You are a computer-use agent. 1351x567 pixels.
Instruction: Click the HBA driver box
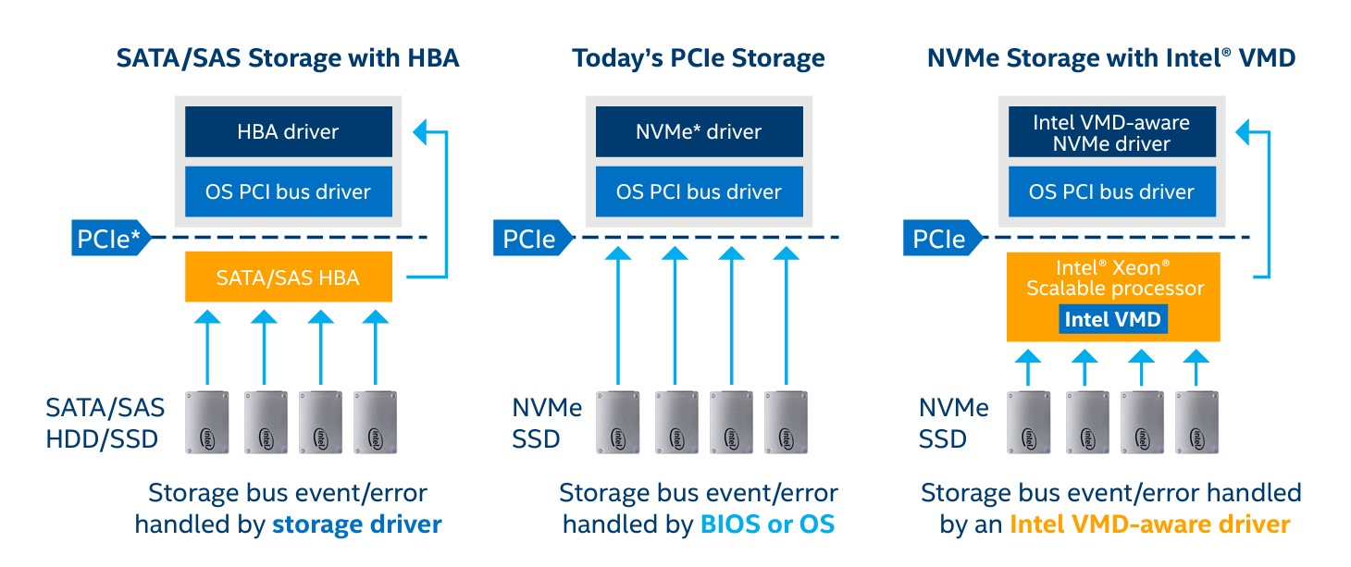tap(288, 131)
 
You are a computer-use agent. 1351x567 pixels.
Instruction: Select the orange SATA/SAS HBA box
tap(288, 276)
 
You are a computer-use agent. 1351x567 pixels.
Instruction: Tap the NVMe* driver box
tap(699, 131)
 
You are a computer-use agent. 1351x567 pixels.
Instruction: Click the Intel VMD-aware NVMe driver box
tap(1111, 131)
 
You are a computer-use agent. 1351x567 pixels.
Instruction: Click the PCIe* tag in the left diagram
tap(110, 240)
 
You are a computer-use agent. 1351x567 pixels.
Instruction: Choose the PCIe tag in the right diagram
tap(938, 240)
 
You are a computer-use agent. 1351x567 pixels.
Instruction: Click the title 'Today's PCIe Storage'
tap(699, 58)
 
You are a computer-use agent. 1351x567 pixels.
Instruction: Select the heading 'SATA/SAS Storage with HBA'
tap(288, 58)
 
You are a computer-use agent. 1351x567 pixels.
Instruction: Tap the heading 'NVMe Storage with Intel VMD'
tap(1111, 58)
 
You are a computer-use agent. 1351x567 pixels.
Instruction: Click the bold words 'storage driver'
tap(356, 524)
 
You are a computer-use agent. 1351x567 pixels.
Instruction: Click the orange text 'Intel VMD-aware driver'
tap(1149, 524)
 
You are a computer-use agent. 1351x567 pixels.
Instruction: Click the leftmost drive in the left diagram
tap(208, 422)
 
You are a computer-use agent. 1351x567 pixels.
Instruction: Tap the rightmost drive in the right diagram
tap(1197, 422)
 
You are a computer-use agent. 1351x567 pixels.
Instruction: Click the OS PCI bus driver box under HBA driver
tap(288, 192)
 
